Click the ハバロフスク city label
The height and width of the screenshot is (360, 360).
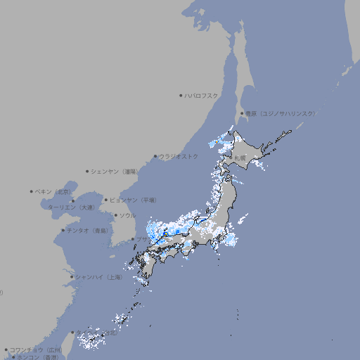pos(201,95)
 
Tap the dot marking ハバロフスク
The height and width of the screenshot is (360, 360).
pos(181,95)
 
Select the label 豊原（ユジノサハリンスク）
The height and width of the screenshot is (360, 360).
pos(280,113)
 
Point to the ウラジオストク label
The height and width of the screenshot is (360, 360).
pos(179,156)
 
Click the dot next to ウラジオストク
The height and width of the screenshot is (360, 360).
pos(155,157)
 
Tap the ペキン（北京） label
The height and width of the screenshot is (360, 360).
pos(53,191)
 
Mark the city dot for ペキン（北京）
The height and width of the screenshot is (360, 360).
pos(32,191)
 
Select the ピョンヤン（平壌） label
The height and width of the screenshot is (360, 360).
pos(133,200)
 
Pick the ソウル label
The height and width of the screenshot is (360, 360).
pos(127,215)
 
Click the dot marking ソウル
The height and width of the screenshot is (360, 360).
pos(115,216)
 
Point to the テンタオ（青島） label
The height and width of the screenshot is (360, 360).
pos(88,230)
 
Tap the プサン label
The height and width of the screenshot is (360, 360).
pos(143,240)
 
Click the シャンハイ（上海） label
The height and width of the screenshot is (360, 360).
pos(98,277)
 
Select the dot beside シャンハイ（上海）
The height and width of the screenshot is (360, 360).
pos(71,277)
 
